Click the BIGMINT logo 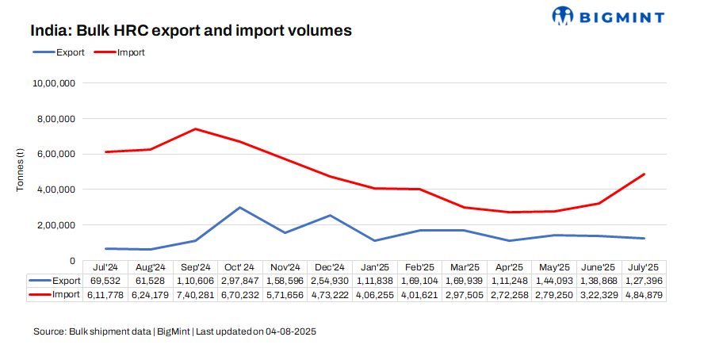pos(607,15)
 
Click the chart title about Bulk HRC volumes pos(191,31)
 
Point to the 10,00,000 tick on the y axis pos(53,83)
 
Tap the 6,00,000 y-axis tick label pos(53,154)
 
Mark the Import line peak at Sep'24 pos(195,129)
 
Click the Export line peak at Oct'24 pos(240,208)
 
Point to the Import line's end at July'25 pos(644,174)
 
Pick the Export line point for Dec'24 pos(330,216)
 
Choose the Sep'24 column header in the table pos(195,267)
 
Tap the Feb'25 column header pos(419,267)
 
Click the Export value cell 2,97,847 pos(240,281)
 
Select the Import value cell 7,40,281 pos(195,294)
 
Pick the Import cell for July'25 pos(644,294)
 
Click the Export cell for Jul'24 pos(105,281)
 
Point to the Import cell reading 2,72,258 pos(509,294)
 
